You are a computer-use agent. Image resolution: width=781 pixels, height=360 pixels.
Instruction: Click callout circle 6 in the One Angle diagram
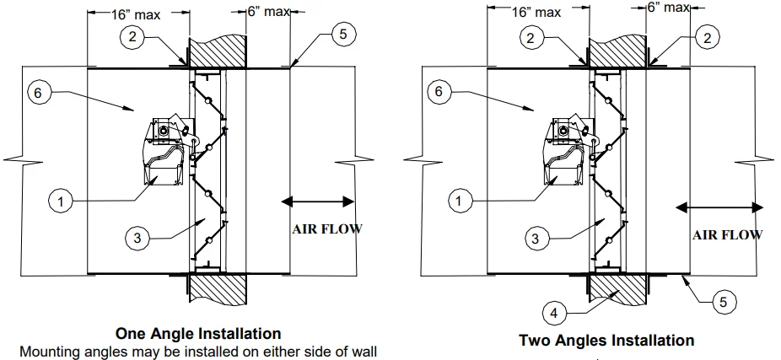coord(37,93)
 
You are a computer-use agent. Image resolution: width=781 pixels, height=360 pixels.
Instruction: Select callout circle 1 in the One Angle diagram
coord(61,201)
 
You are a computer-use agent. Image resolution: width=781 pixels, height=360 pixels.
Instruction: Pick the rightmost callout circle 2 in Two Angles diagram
coord(706,37)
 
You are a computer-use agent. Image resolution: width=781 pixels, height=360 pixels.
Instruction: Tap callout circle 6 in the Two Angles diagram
coord(438,93)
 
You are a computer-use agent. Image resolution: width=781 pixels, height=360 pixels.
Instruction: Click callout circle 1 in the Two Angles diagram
coord(460,201)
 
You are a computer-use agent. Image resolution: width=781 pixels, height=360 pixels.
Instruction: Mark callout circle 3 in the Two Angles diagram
coord(534,239)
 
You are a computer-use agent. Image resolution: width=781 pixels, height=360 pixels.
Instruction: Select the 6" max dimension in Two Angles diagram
coord(666,8)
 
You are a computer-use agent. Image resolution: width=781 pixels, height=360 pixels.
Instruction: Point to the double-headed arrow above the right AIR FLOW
coord(721,207)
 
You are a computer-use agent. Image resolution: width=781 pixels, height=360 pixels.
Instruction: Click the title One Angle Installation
coord(197,333)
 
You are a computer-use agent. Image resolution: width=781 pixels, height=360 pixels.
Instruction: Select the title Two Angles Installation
coord(606,341)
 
